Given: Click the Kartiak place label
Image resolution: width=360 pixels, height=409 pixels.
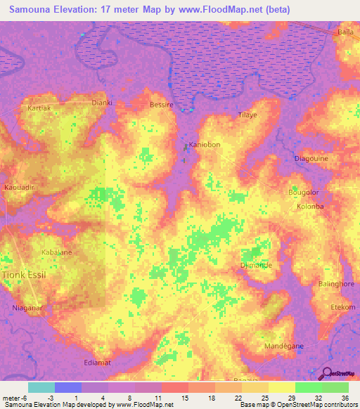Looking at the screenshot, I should click(40, 110).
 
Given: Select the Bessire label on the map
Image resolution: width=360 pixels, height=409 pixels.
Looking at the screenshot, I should click(162, 105).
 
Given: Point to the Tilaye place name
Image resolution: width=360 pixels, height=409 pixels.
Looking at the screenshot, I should click(247, 115).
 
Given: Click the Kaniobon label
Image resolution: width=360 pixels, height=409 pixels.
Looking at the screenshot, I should click(205, 145).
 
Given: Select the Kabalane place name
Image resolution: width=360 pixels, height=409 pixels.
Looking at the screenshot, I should click(57, 252).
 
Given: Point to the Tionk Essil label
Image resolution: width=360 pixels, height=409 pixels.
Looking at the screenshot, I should click(25, 275).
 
